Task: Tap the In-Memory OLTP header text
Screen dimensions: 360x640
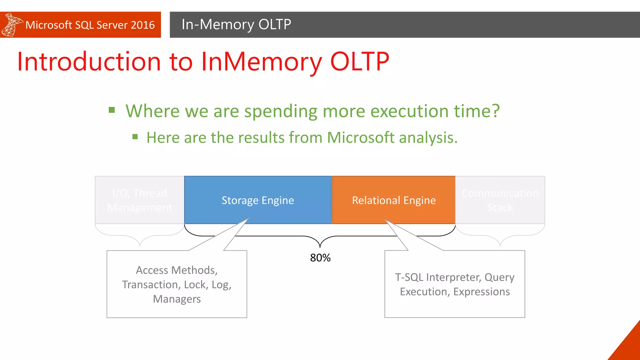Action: click(236, 24)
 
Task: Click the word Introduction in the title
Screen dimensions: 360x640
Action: click(89, 62)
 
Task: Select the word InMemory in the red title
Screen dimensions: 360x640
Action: click(261, 62)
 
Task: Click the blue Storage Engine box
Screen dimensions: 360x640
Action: click(258, 200)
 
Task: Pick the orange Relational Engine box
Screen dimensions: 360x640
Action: click(394, 200)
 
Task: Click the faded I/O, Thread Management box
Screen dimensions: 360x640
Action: click(139, 200)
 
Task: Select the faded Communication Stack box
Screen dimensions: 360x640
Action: click(500, 200)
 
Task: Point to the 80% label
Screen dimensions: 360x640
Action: click(320, 258)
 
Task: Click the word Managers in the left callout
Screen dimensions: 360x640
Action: click(177, 299)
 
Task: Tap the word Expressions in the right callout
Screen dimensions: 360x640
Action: click(481, 292)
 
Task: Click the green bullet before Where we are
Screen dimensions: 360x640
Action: click(112, 110)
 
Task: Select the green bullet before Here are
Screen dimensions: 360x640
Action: click(135, 137)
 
